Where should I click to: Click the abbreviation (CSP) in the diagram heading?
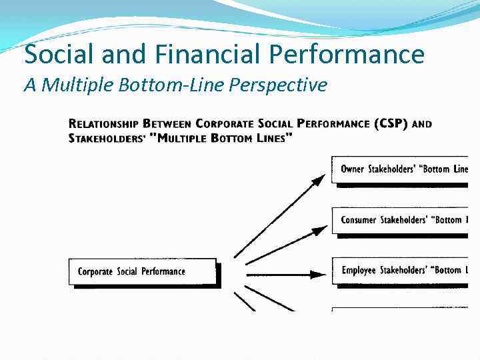390,124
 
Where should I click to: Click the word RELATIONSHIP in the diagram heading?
103,125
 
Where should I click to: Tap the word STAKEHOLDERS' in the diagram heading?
108,138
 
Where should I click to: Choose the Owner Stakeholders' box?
400,169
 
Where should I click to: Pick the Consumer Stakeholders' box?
400,220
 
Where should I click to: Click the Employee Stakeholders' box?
400,271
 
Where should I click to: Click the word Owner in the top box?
353,169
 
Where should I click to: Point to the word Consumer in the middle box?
359,220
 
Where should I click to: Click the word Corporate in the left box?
96,271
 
